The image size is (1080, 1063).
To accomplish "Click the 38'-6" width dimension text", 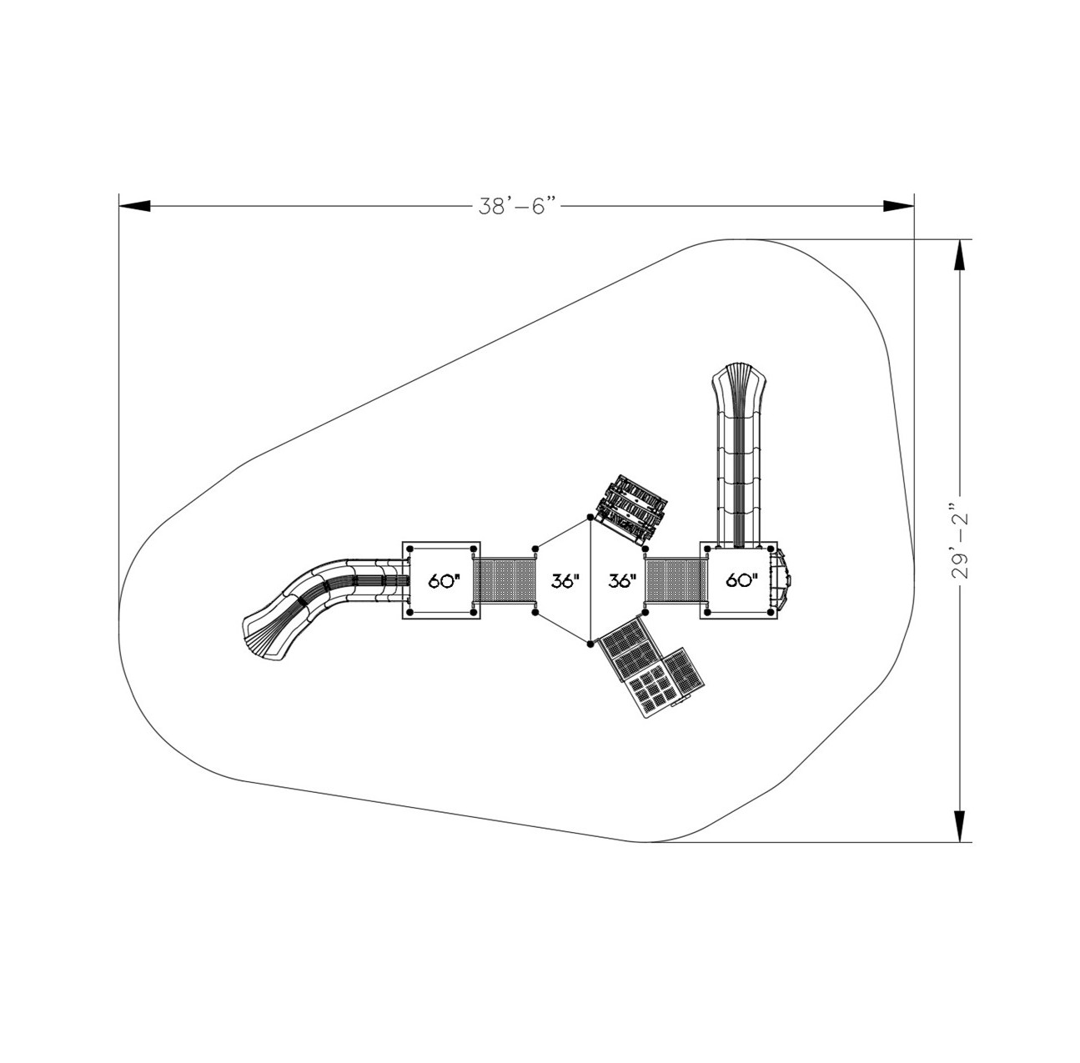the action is (519, 207).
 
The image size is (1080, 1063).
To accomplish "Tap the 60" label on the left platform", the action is (444, 581).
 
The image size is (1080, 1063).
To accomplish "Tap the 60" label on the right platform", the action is (742, 581).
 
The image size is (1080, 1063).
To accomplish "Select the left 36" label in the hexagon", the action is (565, 581).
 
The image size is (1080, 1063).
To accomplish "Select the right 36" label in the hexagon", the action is (623, 581).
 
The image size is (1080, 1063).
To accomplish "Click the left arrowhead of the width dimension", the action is (134, 206).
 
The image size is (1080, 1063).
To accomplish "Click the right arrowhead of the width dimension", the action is (899, 206).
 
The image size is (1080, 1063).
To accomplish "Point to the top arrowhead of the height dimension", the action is (960, 255).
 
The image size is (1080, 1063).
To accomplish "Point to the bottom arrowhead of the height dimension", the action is (960, 826).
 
